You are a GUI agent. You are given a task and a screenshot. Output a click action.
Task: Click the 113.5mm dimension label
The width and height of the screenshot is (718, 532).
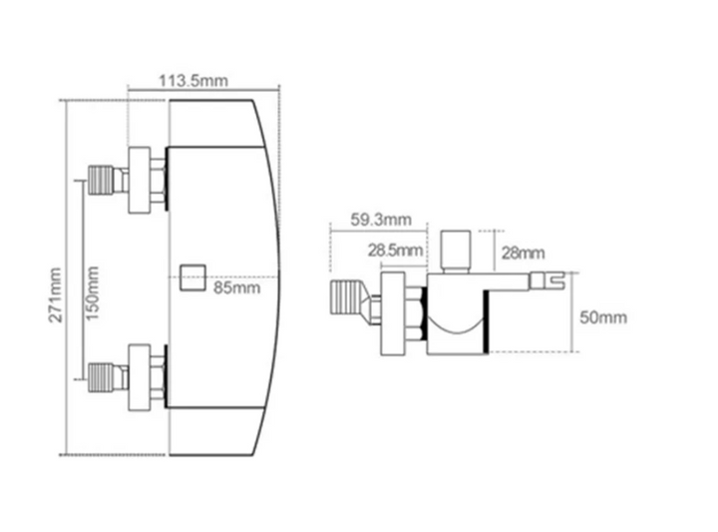[x=193, y=81]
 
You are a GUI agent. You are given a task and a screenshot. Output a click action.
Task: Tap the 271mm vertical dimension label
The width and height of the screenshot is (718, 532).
[x=56, y=295]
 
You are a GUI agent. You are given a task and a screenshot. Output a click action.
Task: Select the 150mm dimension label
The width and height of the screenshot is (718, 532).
[x=92, y=293]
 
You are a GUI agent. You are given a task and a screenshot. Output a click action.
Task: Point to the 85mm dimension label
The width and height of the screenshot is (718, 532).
[x=236, y=287]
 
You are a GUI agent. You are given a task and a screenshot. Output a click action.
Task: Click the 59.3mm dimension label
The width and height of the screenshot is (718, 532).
[x=381, y=220]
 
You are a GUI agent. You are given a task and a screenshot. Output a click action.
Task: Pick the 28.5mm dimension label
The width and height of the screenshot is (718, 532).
[x=395, y=251]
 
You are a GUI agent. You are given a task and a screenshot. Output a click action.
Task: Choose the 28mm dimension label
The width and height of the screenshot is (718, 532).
[x=523, y=253]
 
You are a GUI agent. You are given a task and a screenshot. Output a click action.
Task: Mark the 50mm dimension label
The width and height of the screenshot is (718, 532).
[x=603, y=317]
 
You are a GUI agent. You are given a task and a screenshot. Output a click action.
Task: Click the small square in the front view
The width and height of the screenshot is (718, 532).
[x=192, y=277]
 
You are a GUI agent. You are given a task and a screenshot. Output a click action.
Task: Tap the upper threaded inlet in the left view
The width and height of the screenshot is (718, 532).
[x=101, y=180]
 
